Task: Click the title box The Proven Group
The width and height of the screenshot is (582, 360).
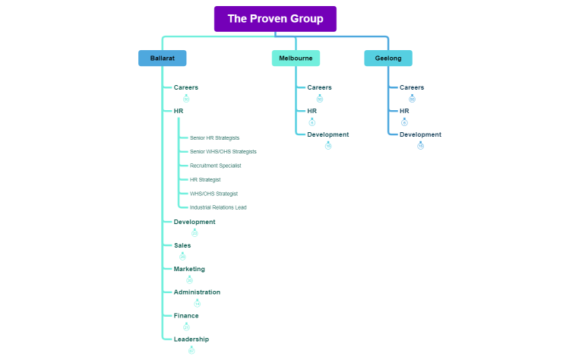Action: tap(275, 19)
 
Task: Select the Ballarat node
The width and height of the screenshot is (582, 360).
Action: tap(162, 58)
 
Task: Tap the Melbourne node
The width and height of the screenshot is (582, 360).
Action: tap(296, 58)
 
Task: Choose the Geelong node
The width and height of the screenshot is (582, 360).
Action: tap(388, 58)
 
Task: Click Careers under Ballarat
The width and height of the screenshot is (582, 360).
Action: tap(186, 87)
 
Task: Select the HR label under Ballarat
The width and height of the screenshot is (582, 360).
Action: tap(179, 111)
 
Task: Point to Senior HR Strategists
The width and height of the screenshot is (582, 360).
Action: tap(214, 138)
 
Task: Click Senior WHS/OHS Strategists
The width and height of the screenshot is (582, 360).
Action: tap(223, 152)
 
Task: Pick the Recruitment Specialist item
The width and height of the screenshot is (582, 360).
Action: tap(215, 166)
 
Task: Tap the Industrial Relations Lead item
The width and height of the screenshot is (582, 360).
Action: tap(218, 207)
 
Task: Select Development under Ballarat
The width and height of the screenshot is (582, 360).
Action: tap(195, 222)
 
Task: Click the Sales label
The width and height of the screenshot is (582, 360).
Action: tap(182, 245)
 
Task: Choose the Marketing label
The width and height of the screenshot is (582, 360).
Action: tap(189, 269)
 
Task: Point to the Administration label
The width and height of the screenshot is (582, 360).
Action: tap(197, 292)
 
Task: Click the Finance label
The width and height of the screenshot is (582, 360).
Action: tap(186, 315)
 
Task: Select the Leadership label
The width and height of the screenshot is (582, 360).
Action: tap(191, 339)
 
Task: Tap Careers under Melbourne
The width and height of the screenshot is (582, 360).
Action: tap(320, 87)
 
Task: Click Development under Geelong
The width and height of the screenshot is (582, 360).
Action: tap(420, 134)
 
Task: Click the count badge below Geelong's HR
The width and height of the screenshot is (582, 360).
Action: tap(404, 122)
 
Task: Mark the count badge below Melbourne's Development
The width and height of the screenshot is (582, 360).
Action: tap(328, 145)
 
